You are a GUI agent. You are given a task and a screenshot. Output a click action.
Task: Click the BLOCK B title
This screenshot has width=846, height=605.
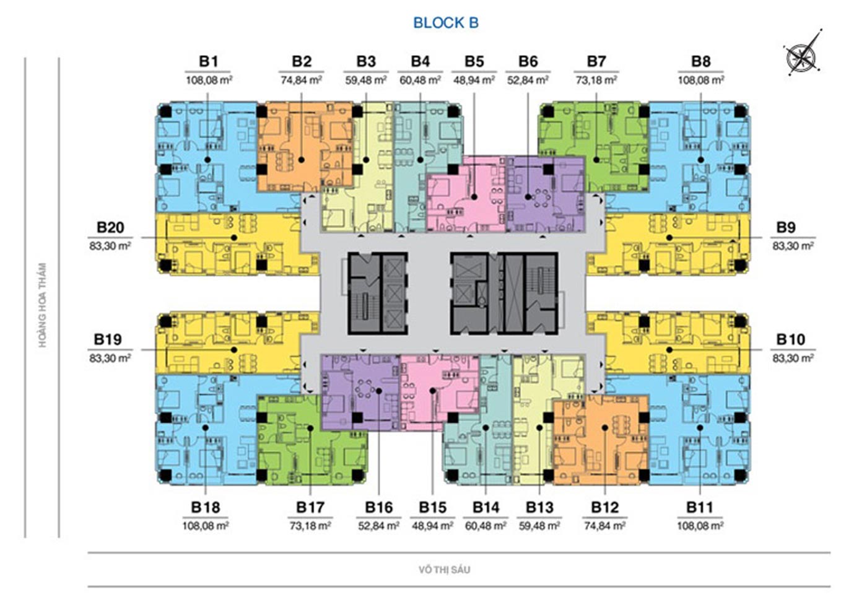(x=446, y=23)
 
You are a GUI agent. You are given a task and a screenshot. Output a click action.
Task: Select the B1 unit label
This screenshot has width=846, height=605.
(x=209, y=61)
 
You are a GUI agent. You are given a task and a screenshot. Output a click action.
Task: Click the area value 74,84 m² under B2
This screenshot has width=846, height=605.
(x=302, y=80)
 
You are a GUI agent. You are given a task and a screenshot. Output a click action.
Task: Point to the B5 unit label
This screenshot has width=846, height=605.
(x=474, y=61)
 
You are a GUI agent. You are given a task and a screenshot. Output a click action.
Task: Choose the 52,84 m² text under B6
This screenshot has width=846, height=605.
(x=528, y=80)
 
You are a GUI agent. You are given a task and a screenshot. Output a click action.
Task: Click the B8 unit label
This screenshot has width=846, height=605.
(x=701, y=61)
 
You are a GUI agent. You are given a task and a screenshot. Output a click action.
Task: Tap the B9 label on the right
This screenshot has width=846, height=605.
(x=786, y=227)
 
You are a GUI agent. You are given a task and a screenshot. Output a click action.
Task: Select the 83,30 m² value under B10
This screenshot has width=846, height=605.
(x=793, y=358)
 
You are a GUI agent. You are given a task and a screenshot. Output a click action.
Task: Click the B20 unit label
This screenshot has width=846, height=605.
(x=110, y=227)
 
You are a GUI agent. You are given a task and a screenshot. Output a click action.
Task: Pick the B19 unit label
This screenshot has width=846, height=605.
(x=108, y=339)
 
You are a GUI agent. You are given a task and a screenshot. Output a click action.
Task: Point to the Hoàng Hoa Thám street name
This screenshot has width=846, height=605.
(x=43, y=305)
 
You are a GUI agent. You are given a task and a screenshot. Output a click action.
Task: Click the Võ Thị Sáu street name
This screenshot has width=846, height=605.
(x=445, y=570)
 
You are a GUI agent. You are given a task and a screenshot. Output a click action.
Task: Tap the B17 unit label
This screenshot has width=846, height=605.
(x=310, y=507)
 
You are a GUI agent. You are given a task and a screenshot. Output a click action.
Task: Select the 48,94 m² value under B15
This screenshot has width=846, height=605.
(x=432, y=526)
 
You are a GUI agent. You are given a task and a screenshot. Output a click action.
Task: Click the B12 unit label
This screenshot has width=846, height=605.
(x=605, y=507)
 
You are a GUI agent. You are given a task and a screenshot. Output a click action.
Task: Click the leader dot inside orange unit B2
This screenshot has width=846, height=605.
(x=302, y=160)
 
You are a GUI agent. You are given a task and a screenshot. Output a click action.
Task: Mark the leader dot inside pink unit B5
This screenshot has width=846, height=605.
(x=474, y=197)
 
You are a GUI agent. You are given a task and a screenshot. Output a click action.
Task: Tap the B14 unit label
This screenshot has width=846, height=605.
(x=486, y=507)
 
